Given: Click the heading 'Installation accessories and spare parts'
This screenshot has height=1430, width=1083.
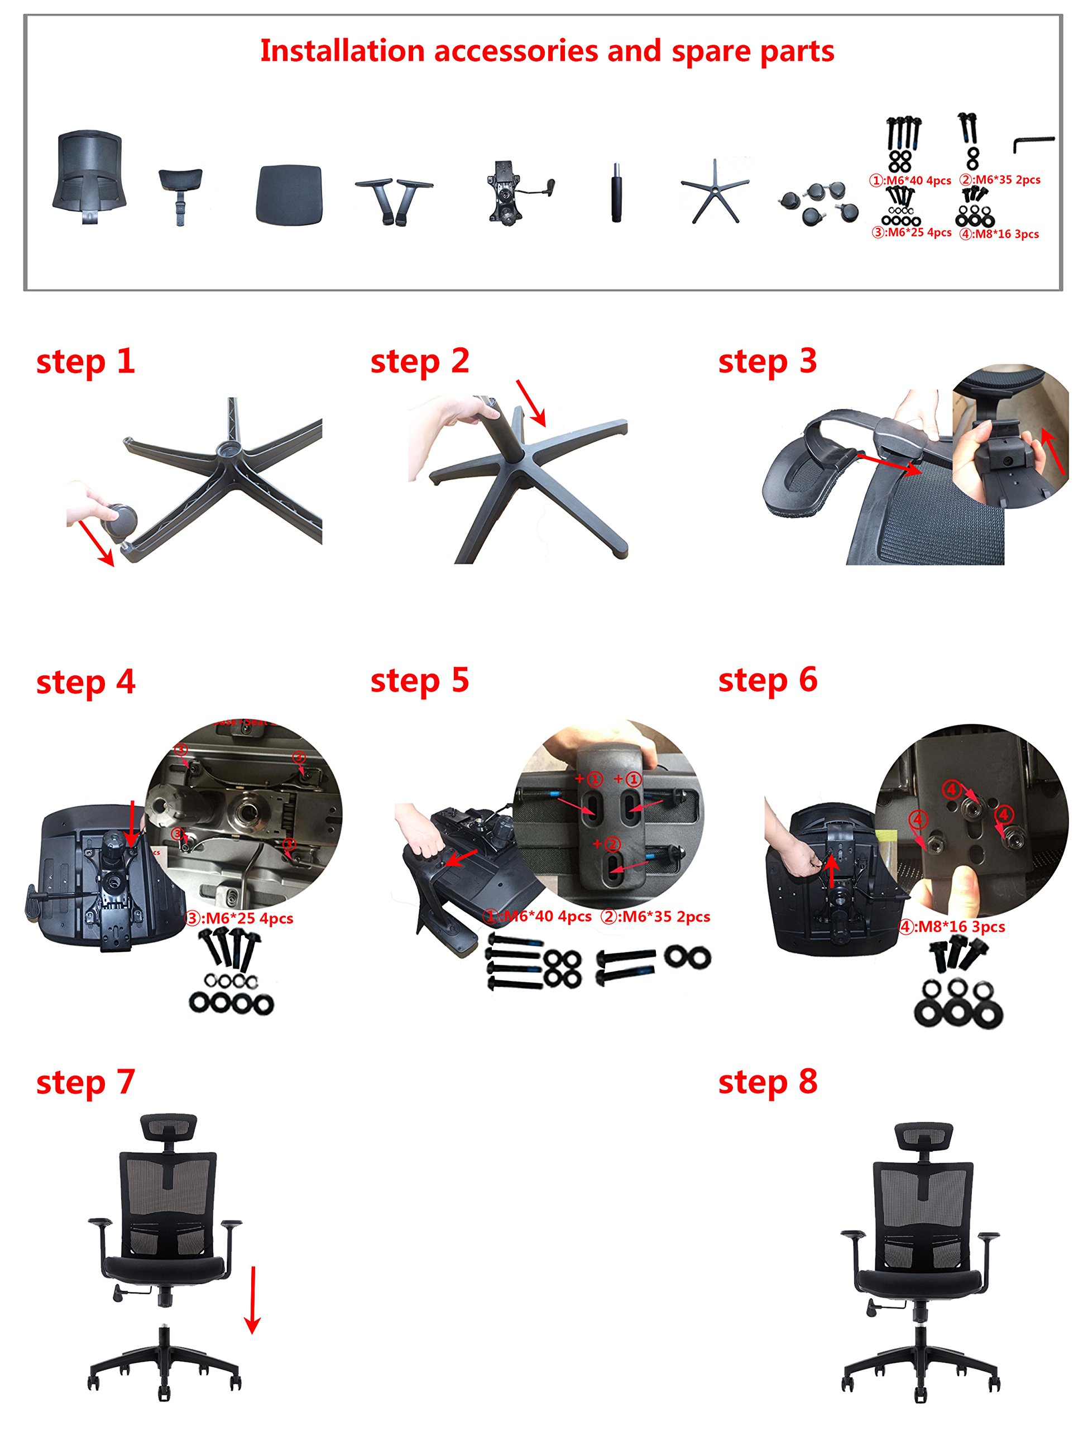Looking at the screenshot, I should point(547,51).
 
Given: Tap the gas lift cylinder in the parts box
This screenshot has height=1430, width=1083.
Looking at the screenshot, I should point(616,193).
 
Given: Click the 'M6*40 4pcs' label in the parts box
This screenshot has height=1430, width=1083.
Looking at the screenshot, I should point(910,181).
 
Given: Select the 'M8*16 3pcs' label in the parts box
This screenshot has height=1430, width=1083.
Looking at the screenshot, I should point(999,235).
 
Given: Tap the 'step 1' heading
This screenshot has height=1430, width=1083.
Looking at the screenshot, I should point(85,361).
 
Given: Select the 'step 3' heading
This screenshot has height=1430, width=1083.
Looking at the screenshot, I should point(767,361).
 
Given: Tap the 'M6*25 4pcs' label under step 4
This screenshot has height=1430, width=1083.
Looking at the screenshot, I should point(239,919).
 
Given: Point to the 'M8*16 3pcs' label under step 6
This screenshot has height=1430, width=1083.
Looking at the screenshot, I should point(952,927).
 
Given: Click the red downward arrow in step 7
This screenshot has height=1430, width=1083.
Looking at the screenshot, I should point(253,1299).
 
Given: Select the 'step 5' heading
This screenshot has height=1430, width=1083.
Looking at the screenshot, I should point(419,681).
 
